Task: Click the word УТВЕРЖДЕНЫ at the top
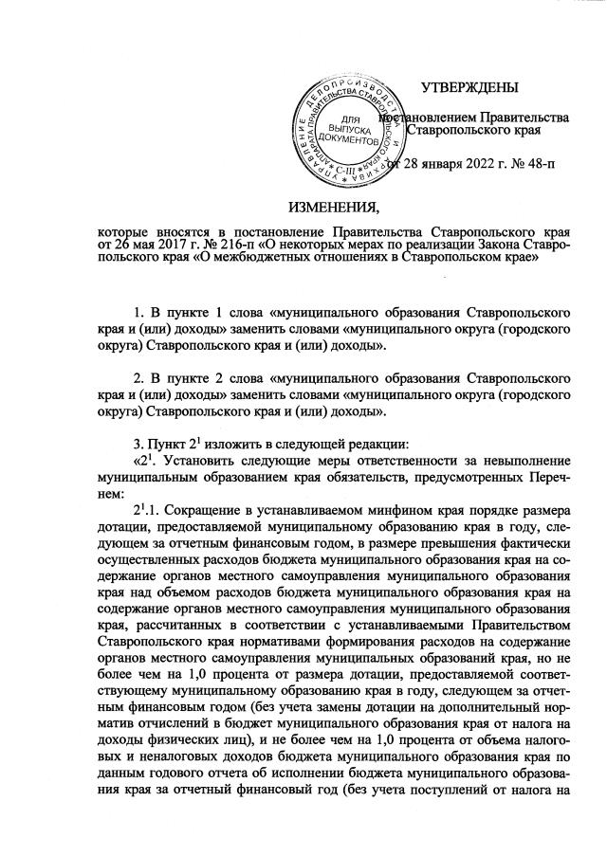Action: (x=469, y=88)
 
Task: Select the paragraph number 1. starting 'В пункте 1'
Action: (x=138, y=310)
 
